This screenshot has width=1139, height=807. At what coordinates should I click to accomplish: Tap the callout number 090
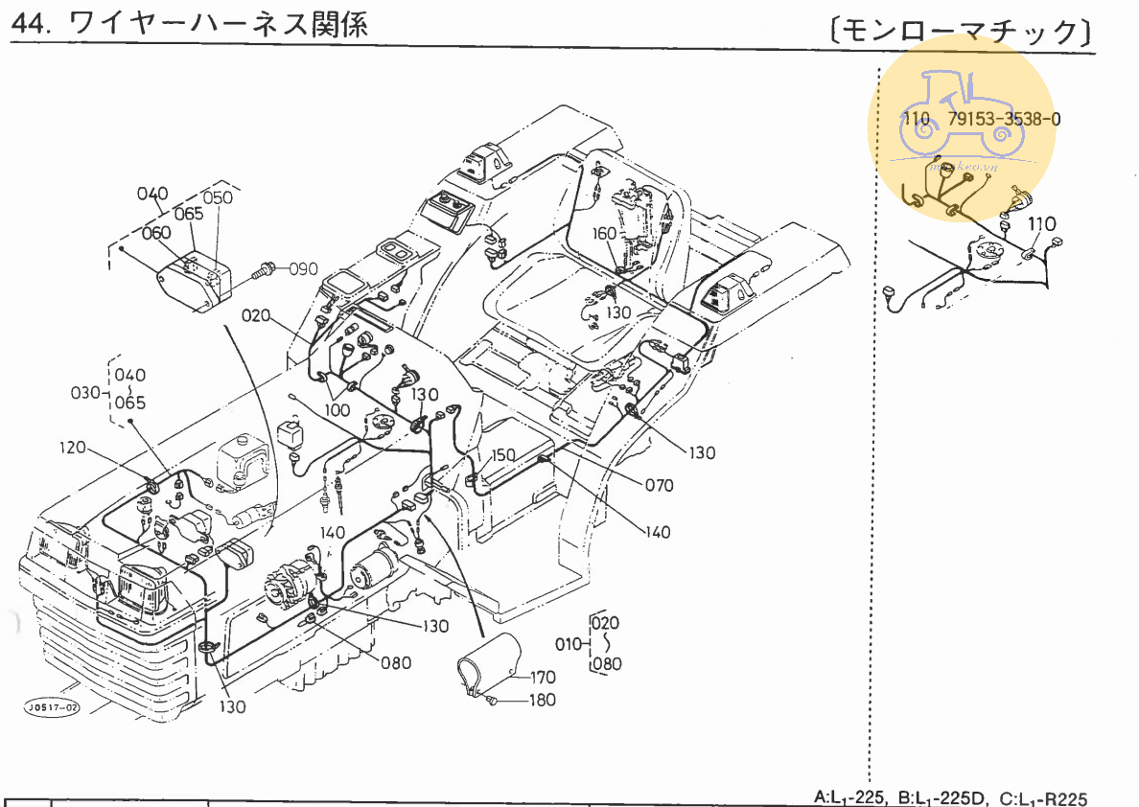pyautogui.click(x=303, y=268)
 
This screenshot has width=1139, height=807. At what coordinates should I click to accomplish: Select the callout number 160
pyautogui.click(x=604, y=234)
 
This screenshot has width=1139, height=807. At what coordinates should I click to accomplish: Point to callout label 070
pyautogui.click(x=659, y=485)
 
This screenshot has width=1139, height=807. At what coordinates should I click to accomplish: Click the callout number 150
pyautogui.click(x=503, y=454)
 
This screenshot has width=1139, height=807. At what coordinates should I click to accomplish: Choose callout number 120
pyautogui.click(x=73, y=448)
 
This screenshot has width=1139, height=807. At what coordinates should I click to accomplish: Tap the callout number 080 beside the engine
pyautogui.click(x=395, y=662)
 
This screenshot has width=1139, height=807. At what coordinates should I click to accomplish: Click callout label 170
pyautogui.click(x=543, y=678)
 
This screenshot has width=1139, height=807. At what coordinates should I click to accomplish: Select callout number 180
pyautogui.click(x=542, y=701)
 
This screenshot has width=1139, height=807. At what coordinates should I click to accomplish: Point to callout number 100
pyautogui.click(x=337, y=409)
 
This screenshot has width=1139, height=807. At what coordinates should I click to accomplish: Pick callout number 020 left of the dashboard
pyautogui.click(x=256, y=314)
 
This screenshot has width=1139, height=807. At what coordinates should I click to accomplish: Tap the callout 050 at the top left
pyautogui.click(x=218, y=197)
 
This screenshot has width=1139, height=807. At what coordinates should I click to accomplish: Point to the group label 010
pyautogui.click(x=569, y=643)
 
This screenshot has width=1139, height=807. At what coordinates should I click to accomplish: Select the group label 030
pyautogui.click(x=86, y=392)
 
